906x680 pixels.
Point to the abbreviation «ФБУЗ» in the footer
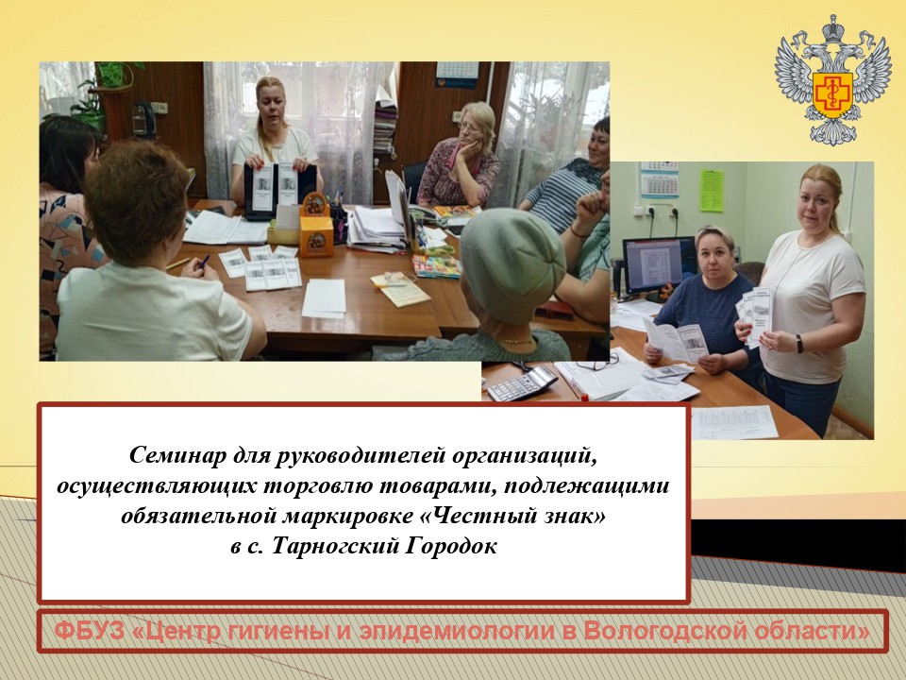click(90, 630)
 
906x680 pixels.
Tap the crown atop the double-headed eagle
click(833, 30)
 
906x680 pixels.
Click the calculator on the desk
click(522, 382)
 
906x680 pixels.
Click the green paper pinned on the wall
click(712, 190)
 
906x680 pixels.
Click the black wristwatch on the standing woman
click(799, 344)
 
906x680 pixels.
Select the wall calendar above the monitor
click(660, 179)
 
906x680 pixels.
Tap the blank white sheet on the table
click(324, 298)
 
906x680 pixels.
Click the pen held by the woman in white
click(203, 263)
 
